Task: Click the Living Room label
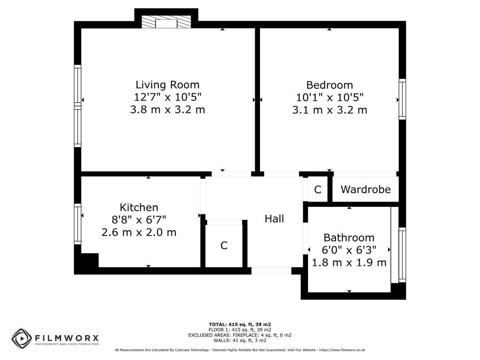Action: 168,85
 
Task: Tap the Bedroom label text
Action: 330,85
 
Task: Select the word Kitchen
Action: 139,208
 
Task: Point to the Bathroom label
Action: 349,238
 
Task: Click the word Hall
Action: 274,218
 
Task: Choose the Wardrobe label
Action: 366,189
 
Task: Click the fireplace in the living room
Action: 166,22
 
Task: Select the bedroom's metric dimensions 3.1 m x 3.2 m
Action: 330,110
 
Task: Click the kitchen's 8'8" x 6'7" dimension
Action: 139,220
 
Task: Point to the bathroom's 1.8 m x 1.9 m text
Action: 349,262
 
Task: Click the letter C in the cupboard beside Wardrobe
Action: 318,190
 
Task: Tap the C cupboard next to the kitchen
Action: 224,246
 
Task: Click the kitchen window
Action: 78,224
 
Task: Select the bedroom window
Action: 402,99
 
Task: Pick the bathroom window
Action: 402,255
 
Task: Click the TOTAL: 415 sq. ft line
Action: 240,324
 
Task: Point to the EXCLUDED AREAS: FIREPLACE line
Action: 240,335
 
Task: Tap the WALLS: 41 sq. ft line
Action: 240,340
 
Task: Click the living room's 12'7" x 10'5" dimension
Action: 168,97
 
